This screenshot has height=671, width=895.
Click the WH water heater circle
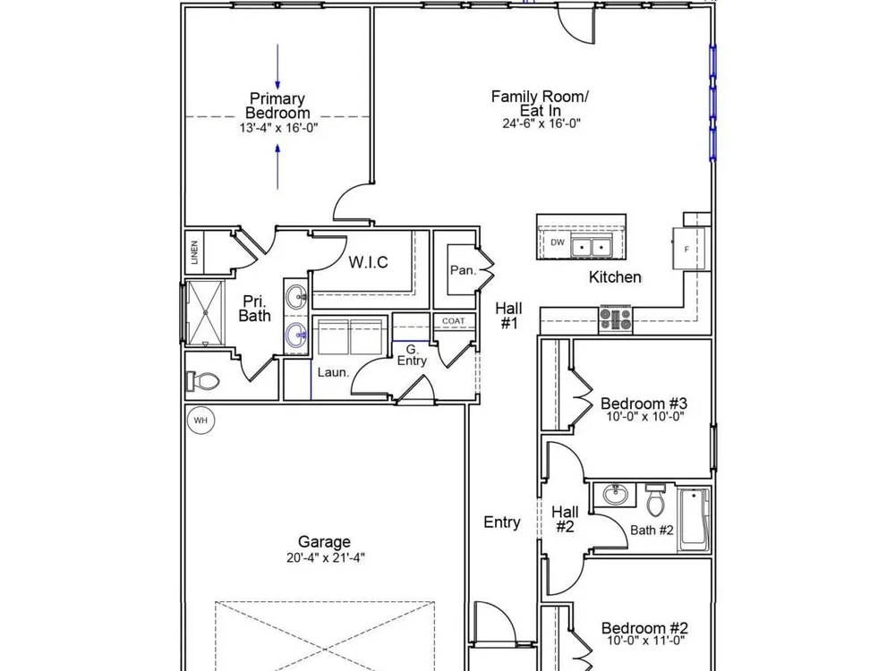[x=200, y=421]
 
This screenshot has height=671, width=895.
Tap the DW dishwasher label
[x=558, y=242]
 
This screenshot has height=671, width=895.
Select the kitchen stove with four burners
[x=616, y=319]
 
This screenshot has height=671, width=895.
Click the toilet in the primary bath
[x=202, y=381]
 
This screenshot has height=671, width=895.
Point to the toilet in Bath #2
[x=655, y=499]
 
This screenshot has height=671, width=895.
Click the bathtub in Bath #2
[x=694, y=519]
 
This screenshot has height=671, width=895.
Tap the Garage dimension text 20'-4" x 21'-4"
[x=326, y=557]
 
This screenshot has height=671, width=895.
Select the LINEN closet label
[x=194, y=252]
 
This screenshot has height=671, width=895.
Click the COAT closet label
[x=453, y=321]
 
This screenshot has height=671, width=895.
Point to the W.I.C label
[x=368, y=262]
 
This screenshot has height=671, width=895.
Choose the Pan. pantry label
[x=463, y=270]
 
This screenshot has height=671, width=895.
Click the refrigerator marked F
[x=688, y=248]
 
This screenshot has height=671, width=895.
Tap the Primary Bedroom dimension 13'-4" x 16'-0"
[x=278, y=128]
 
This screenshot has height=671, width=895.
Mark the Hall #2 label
[x=565, y=519]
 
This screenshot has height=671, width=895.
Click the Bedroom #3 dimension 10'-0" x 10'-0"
[x=645, y=417]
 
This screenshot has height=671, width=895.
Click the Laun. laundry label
[x=333, y=372]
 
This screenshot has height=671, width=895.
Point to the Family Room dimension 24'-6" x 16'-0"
[x=541, y=123]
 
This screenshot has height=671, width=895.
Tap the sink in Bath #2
[x=615, y=494]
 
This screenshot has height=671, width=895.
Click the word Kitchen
[x=615, y=277]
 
